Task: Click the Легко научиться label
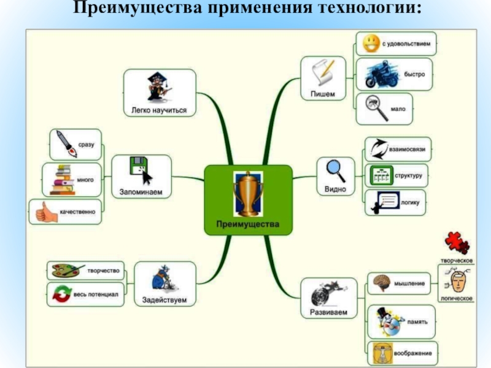click(159, 111)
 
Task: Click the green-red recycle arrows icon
click(61, 294)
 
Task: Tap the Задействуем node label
click(164, 300)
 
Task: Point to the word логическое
click(457, 297)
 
